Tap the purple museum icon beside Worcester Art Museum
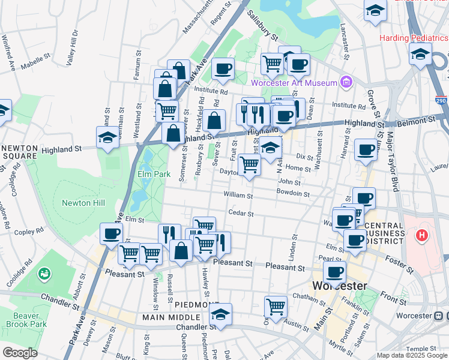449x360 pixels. click(345, 82)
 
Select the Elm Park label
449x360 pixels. click(151, 175)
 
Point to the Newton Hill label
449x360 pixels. click(83, 203)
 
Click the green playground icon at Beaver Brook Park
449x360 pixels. click(44, 275)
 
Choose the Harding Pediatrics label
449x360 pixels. click(413, 38)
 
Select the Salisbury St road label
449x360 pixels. click(263, 27)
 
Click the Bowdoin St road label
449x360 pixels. click(292, 194)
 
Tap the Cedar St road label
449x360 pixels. click(241, 213)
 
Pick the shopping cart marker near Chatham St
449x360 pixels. click(276, 307)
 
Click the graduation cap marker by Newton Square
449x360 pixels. click(108, 137)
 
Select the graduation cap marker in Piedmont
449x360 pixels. click(220, 314)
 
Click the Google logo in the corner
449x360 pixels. click(20, 352)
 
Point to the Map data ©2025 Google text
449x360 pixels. click(412, 355)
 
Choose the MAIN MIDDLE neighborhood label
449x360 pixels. click(171, 317)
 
